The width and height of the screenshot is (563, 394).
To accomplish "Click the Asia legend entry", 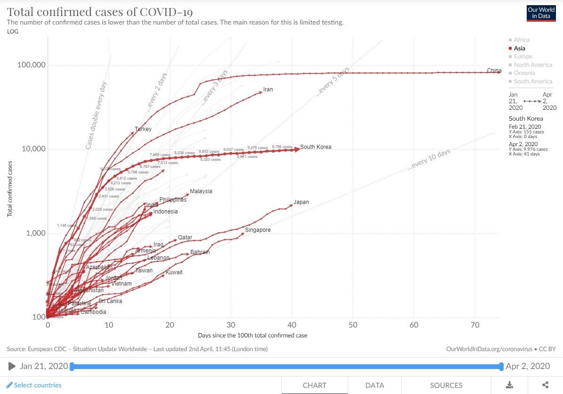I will click(x=519, y=48).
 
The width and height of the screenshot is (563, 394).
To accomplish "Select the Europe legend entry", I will click(x=523, y=57).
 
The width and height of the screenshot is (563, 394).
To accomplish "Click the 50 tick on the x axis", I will click(x=353, y=325).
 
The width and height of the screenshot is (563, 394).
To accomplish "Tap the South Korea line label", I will click(x=316, y=147).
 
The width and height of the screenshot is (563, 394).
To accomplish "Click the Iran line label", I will click(x=268, y=90).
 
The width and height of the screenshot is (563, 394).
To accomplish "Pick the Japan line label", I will click(x=302, y=202).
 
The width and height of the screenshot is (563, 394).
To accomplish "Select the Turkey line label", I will click(x=143, y=129).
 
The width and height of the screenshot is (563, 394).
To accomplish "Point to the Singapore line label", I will click(x=258, y=230).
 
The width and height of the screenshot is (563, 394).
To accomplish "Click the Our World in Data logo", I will click(x=541, y=13).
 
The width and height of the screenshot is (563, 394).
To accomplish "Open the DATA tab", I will click(x=375, y=385).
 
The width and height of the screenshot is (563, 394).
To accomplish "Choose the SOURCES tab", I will click(x=446, y=385).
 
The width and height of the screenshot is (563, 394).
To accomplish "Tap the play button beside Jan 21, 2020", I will click(x=12, y=366).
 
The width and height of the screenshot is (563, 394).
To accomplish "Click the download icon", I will click(x=509, y=385).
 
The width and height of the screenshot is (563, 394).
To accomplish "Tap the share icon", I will click(x=546, y=385).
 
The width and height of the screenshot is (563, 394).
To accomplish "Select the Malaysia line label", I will click(x=201, y=191).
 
